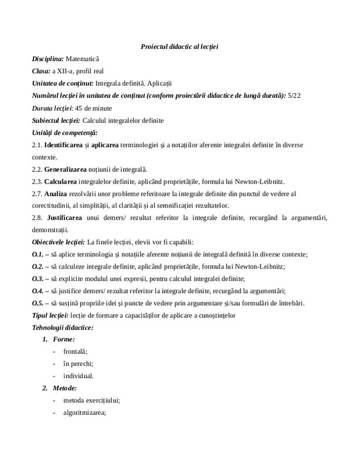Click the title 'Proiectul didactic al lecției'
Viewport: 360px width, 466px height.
point(183,47)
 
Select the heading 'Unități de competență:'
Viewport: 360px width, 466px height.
point(65,133)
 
